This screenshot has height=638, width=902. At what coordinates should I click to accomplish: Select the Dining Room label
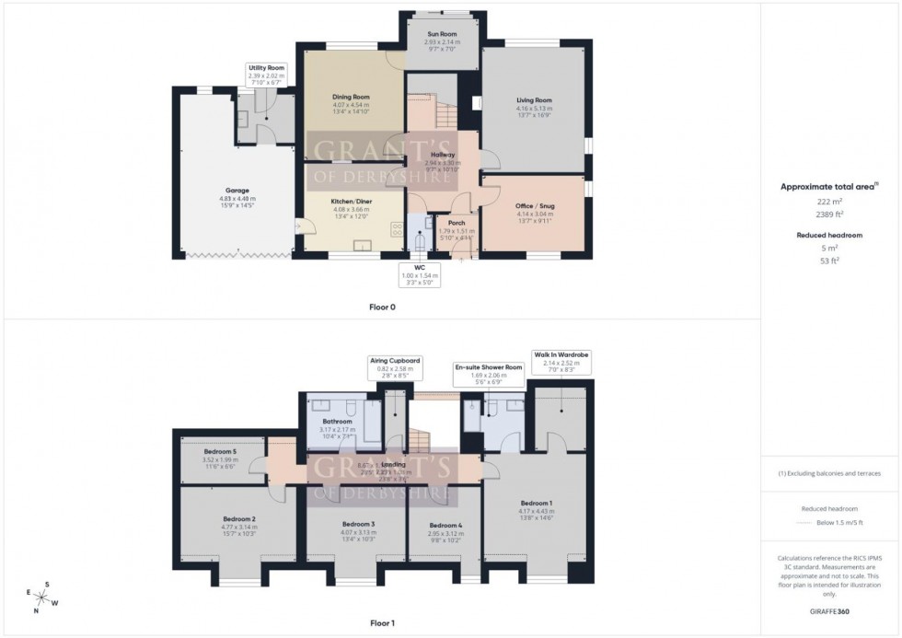pyautogui.click(x=350, y=97)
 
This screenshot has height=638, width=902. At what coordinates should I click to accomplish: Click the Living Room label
pyautogui.click(x=534, y=100)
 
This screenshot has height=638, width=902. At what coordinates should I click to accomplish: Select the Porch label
pyautogui.click(x=456, y=223)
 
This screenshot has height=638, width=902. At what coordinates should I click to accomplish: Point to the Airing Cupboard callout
pyautogui.click(x=394, y=367)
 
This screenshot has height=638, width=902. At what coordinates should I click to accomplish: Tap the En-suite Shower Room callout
pyautogui.click(x=488, y=374)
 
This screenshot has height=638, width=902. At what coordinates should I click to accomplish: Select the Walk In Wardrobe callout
pyautogui.click(x=561, y=360)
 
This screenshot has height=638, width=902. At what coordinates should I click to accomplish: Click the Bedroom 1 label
pyautogui.click(x=537, y=502)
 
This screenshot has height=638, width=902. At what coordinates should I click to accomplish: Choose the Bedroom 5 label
pyautogui.click(x=221, y=451)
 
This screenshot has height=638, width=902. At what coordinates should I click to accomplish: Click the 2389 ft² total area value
pyautogui.click(x=830, y=214)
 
